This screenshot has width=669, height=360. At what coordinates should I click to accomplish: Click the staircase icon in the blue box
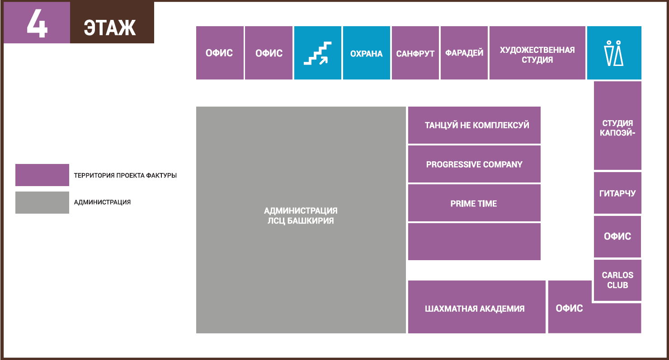[317, 53]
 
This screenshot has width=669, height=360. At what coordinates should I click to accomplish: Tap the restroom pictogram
[614, 53]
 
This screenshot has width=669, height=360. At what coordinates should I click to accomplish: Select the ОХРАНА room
[367, 53]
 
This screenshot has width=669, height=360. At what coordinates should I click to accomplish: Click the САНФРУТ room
[415, 53]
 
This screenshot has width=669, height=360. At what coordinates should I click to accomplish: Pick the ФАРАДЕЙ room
[464, 53]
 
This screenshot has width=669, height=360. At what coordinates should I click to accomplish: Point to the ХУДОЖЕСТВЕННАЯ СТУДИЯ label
[537, 55]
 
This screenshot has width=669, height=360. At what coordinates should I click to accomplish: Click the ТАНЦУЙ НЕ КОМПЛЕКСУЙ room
[474, 125]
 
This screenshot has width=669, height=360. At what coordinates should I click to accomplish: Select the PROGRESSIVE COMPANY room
[474, 164]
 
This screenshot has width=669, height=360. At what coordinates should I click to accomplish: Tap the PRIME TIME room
[474, 203]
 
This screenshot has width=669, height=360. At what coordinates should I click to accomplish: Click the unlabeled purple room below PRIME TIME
[474, 242]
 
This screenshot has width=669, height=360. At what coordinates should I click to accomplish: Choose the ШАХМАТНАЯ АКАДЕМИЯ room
[476, 307]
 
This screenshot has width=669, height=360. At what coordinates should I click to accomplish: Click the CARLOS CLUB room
[617, 280]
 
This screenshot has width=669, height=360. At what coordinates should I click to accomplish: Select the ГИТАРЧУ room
[617, 193]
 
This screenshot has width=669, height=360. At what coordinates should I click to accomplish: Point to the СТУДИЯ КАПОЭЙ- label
[617, 128]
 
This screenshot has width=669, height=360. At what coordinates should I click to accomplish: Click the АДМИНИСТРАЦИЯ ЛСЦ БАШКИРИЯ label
[301, 215]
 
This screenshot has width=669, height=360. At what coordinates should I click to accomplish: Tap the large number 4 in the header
[37, 23]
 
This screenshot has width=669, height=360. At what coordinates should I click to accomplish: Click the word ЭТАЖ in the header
[110, 28]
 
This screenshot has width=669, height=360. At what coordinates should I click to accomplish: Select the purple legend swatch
[42, 175]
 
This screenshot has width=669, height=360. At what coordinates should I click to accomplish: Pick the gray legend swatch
[42, 202]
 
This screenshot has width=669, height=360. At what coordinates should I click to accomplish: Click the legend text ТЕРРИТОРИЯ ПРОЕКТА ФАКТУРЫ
[126, 175]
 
